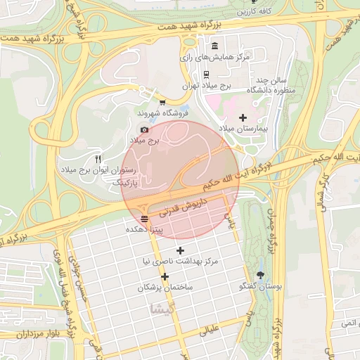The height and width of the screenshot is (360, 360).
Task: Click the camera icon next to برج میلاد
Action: click(x=145, y=129)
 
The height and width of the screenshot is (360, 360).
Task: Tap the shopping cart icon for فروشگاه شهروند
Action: click(x=163, y=103)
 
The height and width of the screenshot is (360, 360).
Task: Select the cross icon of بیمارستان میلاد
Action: click(x=243, y=117)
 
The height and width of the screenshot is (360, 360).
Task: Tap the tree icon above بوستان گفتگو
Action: click(x=262, y=275)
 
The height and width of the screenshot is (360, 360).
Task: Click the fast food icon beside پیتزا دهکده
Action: click(x=144, y=218)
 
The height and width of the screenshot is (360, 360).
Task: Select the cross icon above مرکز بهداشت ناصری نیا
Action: click(x=180, y=250)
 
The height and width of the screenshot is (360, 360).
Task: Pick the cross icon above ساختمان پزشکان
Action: click(x=165, y=276)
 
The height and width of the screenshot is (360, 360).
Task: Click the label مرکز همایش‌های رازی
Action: click(x=215, y=57)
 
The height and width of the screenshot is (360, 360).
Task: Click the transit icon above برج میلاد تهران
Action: click(x=205, y=73)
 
